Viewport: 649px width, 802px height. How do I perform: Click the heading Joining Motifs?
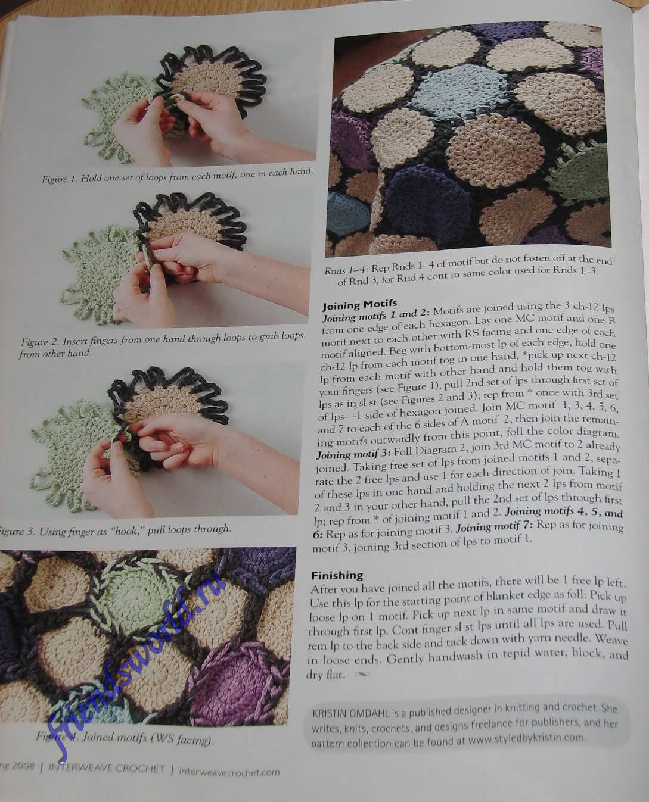(x=359, y=303)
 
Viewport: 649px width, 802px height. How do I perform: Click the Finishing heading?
(x=337, y=575)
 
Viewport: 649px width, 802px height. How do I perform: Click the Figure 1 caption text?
(x=177, y=176)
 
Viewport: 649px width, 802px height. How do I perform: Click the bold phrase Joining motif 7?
(x=495, y=528)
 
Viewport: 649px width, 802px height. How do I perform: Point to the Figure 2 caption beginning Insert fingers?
(x=162, y=345)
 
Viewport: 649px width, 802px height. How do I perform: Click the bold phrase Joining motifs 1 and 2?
(x=376, y=314)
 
